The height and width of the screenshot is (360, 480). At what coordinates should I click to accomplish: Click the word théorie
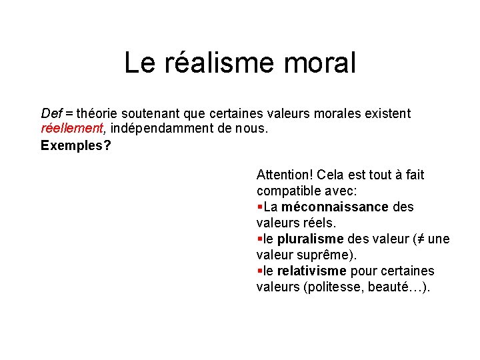click(97, 114)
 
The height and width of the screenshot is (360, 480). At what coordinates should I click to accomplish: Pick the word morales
click(337, 114)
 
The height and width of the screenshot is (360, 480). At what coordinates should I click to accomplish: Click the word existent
click(387, 114)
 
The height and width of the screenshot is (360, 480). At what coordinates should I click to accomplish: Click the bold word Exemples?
click(76, 145)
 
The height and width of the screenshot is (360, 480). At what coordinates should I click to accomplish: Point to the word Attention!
click(285, 175)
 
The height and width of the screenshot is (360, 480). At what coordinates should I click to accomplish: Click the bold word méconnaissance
click(335, 207)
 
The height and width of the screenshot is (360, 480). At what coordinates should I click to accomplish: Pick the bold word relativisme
click(312, 271)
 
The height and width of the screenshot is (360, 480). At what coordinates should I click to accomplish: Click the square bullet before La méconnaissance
click(259, 207)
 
